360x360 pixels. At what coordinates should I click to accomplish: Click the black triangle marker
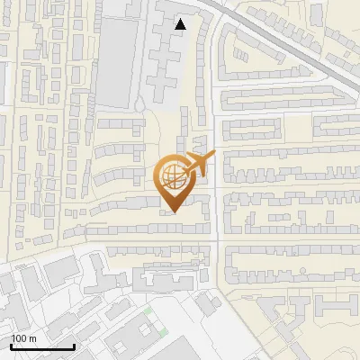(x=181, y=24)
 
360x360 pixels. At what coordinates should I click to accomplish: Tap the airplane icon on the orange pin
(x=196, y=163)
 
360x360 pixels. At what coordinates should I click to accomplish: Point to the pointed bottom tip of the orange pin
(x=173, y=212)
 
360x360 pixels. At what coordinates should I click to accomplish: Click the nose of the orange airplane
(x=214, y=155)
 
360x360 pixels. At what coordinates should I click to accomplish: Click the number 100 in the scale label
(x=20, y=338)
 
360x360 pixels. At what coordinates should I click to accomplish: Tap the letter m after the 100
(x=32, y=338)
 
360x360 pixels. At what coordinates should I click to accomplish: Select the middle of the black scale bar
(x=42, y=346)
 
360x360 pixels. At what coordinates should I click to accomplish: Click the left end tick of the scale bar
(x=11, y=346)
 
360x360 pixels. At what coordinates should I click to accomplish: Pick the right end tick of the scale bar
(x=74, y=346)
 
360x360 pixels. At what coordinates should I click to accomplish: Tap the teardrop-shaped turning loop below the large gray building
(x=139, y=106)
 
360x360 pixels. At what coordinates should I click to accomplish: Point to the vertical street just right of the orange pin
(x=217, y=198)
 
